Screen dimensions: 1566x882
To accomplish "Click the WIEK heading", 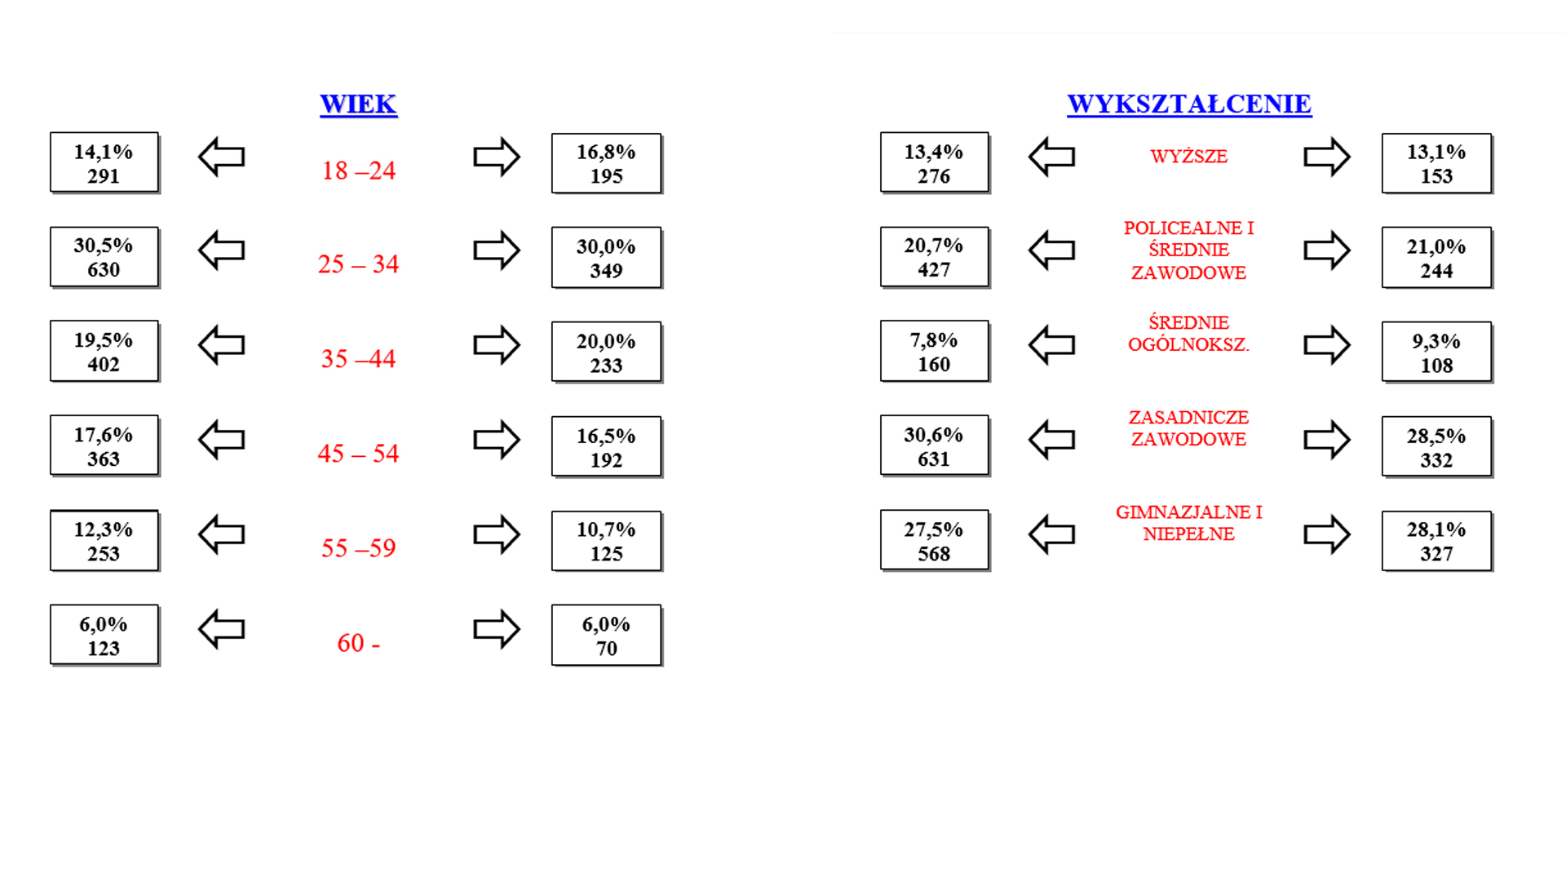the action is click(359, 104).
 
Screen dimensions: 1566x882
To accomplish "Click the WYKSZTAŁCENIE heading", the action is click(1189, 104).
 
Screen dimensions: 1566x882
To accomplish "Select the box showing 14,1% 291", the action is click(104, 162).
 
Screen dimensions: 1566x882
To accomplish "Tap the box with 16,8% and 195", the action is click(606, 163).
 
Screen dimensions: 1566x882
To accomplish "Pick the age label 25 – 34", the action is click(358, 264).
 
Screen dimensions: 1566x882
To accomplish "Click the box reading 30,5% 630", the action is click(104, 257).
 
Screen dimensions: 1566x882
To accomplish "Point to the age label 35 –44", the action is click(358, 358).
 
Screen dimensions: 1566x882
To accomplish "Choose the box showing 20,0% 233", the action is click(606, 352).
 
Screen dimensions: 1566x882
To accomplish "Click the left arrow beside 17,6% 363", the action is click(222, 440).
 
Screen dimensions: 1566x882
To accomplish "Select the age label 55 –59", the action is click(358, 547).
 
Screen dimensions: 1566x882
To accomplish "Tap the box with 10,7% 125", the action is click(606, 541).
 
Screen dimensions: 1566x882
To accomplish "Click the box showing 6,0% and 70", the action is click(606, 636).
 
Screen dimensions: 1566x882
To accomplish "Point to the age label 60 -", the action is click(359, 643).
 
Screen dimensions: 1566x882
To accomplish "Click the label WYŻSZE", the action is click(1188, 157).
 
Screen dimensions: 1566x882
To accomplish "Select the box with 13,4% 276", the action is click(935, 162).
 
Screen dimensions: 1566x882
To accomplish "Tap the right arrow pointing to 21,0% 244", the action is click(1327, 250).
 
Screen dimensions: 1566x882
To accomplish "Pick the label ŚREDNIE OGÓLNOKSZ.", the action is click(1188, 334).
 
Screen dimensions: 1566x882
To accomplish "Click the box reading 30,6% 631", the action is click(935, 445).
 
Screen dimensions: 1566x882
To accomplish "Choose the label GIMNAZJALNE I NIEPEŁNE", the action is click(1188, 523).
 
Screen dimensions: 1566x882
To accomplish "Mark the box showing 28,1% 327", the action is click(1436, 541).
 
